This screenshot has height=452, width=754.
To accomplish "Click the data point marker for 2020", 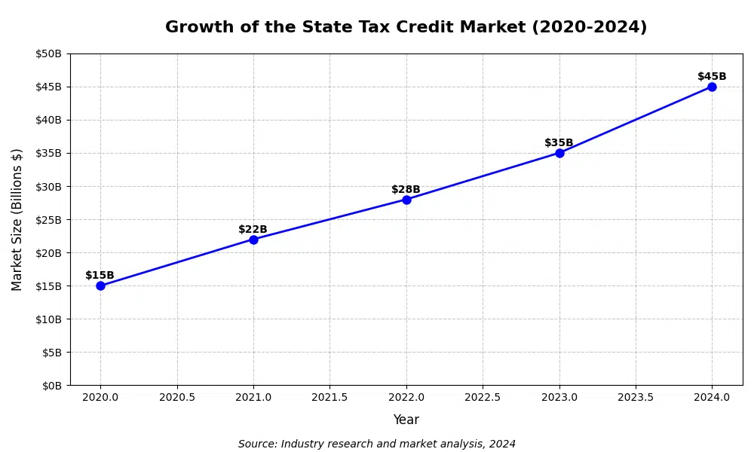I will (x=100, y=286).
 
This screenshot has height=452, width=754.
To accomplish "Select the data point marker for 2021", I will (x=253, y=240).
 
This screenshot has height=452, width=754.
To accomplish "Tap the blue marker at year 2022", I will (x=406, y=200).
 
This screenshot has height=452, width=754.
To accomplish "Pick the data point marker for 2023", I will (x=559, y=153).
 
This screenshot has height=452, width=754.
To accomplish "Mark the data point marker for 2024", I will (x=712, y=87).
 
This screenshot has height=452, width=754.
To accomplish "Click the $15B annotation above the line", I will (x=100, y=276).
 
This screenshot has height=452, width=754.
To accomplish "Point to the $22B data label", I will (x=253, y=230).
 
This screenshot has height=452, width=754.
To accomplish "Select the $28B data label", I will (x=406, y=190).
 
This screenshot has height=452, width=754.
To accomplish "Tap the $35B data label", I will (x=559, y=143).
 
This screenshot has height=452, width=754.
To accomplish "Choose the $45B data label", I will (x=712, y=77).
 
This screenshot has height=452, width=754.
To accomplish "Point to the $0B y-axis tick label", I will (x=51, y=386).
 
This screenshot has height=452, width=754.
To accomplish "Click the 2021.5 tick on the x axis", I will (x=329, y=397).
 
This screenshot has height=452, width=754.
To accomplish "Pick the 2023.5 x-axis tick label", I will (x=636, y=397).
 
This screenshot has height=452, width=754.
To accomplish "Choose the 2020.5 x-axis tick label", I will (x=177, y=397).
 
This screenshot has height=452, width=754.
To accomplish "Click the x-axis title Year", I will (x=406, y=420).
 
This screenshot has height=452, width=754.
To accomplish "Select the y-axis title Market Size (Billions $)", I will (x=17, y=219).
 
